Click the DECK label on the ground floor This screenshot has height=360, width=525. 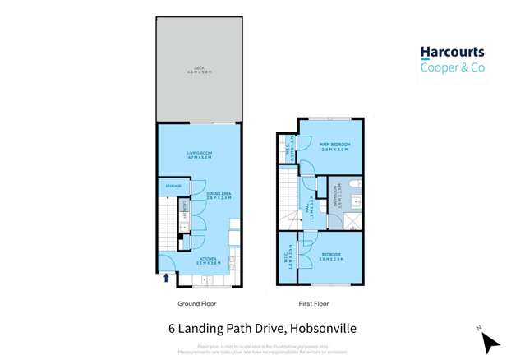click(x=198, y=69)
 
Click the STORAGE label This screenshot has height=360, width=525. click(x=173, y=187)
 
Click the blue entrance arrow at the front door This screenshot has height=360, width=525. click(x=167, y=278)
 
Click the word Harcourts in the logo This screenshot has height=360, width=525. click(x=452, y=53)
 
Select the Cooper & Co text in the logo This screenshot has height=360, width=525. click(x=452, y=67)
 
